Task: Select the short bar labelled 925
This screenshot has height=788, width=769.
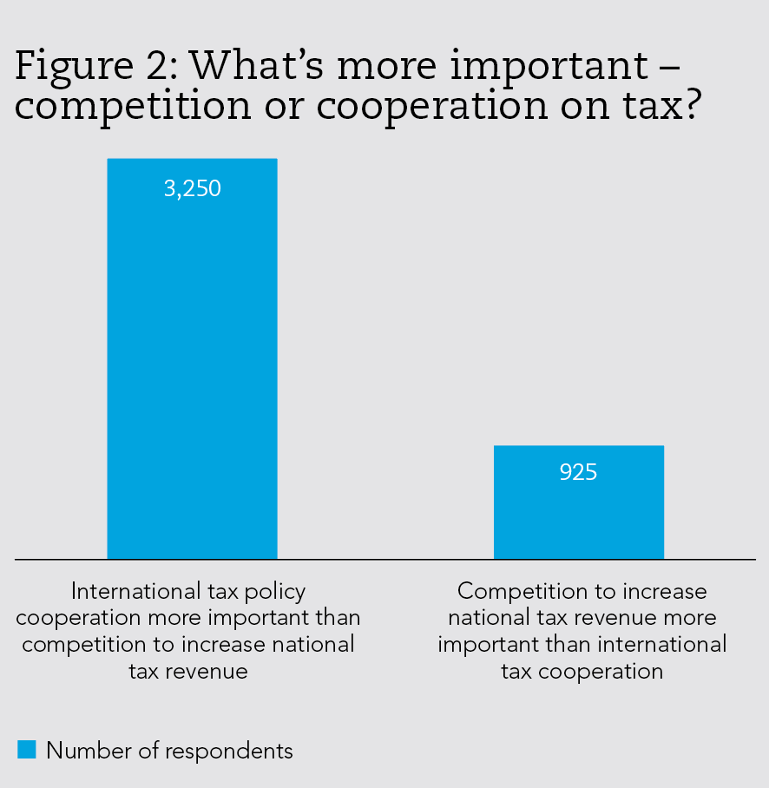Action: (578, 512)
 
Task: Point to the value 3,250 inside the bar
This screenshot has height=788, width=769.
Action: (193, 188)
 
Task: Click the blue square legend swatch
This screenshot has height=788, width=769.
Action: (27, 749)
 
